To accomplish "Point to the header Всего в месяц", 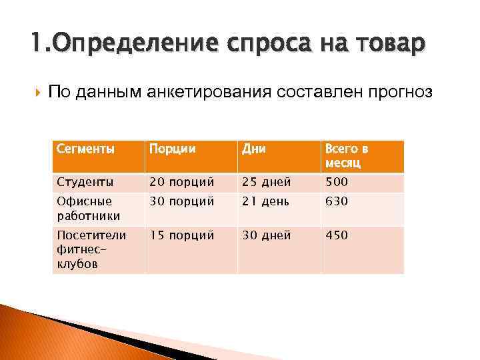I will pos(347,156).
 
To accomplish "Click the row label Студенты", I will pos(85,182).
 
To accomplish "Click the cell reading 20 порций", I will pos(181,182).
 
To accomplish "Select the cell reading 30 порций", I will pos(181,201).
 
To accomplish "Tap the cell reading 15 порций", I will pos(181,235).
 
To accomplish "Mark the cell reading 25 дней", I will pos(267,182).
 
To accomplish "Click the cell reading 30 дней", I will pos(267,235).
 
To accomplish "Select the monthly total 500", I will pos(337,182).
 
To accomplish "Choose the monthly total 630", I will pos(337,201).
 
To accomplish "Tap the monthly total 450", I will pos(337,235).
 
